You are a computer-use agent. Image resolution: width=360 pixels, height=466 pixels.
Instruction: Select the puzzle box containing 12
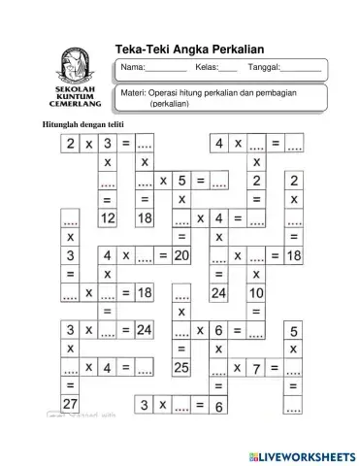coord(107,218)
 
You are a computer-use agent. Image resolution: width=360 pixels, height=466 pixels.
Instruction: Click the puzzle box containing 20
coord(180,255)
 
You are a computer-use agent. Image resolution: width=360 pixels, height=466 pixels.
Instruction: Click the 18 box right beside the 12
coord(145,218)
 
